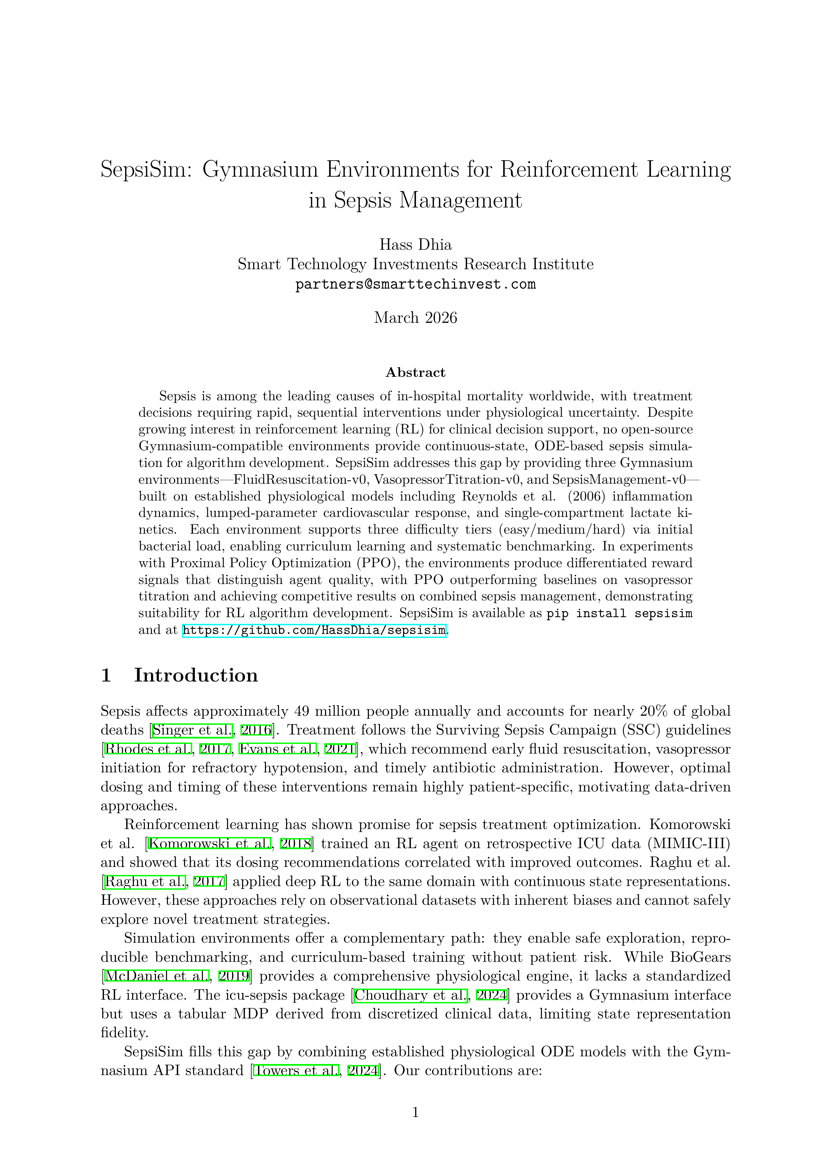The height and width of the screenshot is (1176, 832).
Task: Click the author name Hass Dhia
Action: tap(415, 244)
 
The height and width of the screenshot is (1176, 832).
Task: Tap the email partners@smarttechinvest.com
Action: tap(415, 284)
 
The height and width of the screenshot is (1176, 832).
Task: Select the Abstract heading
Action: tap(415, 372)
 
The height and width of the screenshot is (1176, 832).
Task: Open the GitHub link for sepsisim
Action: tap(314, 630)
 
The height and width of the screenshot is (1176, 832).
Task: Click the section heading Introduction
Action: tap(196, 675)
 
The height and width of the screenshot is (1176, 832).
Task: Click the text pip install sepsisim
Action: tap(619, 613)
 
